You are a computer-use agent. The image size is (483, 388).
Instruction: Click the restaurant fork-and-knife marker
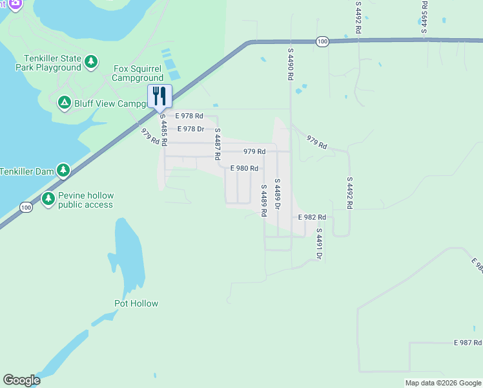pos(160,96)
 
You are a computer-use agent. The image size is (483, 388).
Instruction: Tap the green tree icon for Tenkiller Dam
pos(63,171)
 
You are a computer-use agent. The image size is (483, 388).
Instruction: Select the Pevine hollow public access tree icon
pos(48,200)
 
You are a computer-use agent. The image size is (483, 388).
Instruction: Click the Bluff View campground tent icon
pos(64,103)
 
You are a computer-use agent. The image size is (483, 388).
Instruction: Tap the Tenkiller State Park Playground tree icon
pos(92,62)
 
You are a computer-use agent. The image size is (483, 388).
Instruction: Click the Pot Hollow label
pos(136,303)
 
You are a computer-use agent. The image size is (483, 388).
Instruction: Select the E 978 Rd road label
pos(189,116)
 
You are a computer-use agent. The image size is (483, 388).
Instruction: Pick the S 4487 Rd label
pos(218,144)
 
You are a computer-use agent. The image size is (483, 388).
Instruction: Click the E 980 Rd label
pos(245,168)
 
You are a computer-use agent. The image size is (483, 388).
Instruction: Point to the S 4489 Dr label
pos(277,194)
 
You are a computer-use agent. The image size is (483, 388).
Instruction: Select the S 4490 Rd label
pos(291,63)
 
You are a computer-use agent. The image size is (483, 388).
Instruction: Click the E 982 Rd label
pos(312,218)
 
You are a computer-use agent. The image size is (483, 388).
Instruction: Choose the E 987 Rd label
pos(468,342)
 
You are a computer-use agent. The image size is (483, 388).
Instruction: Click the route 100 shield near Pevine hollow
pos(25,208)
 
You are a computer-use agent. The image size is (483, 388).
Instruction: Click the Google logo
pos(21,380)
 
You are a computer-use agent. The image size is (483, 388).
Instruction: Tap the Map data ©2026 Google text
pos(442,383)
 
